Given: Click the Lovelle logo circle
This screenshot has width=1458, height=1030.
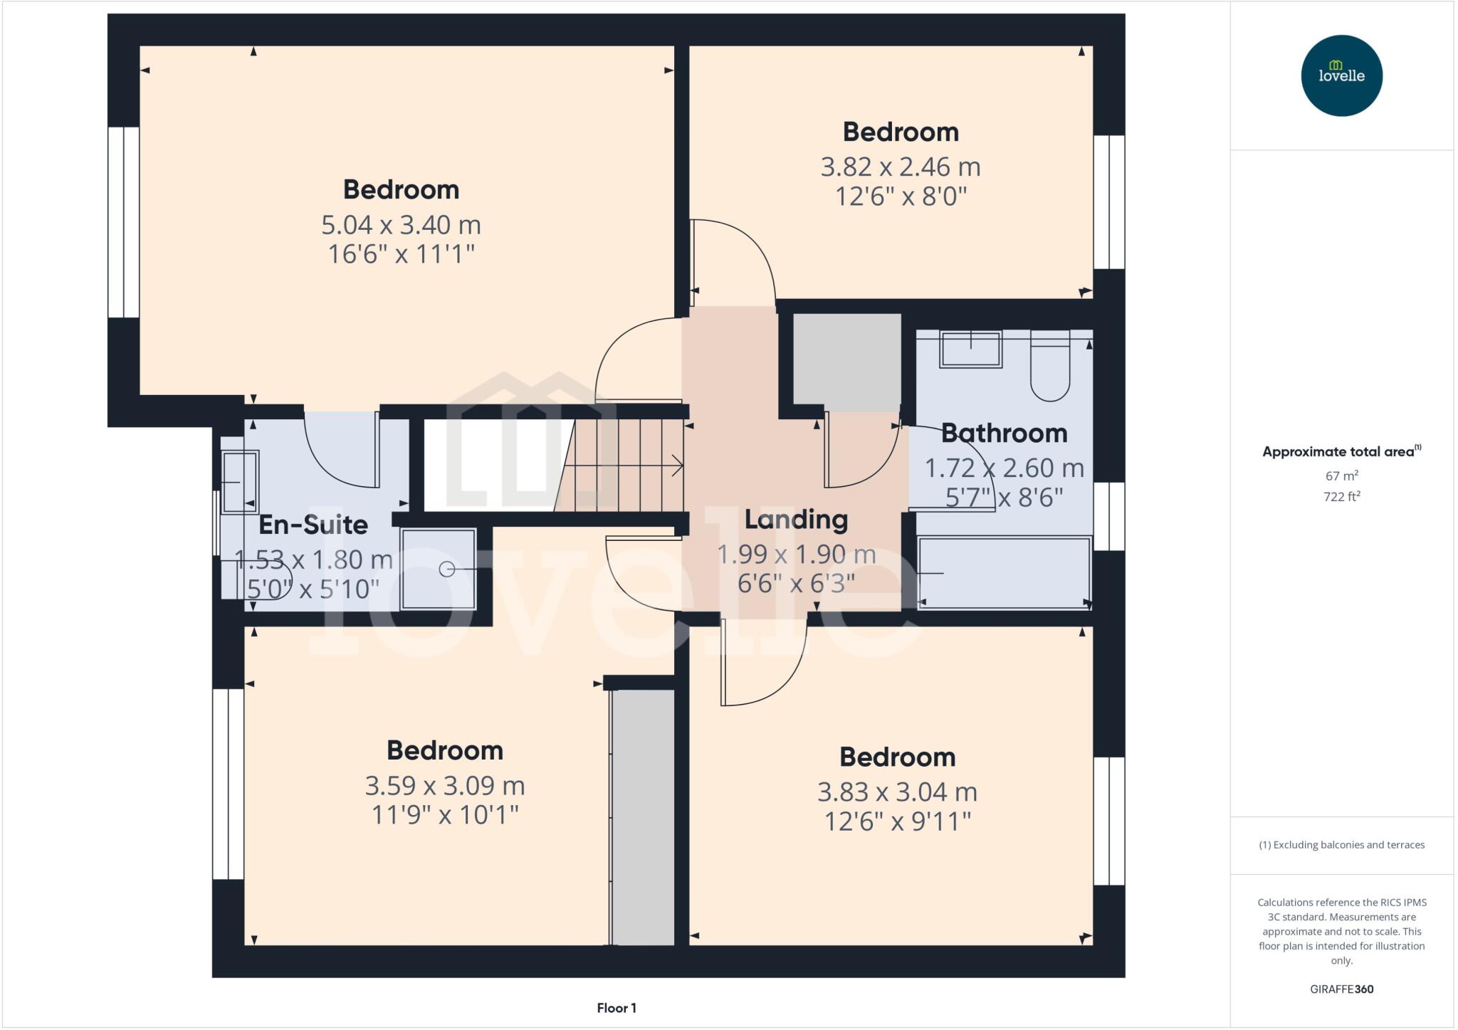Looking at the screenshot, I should (x=1341, y=75).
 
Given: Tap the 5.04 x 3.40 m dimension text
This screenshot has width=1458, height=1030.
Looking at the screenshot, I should (x=401, y=225).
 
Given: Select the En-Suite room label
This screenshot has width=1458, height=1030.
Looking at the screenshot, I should (x=313, y=525).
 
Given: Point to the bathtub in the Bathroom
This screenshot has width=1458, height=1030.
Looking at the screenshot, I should (x=1004, y=572).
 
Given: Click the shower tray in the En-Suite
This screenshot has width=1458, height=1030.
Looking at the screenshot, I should (x=438, y=569).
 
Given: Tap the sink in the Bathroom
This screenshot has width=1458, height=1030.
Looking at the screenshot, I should (x=970, y=350).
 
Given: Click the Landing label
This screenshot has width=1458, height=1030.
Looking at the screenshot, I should (x=796, y=519).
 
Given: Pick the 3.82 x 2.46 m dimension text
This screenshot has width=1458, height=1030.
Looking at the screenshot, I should (x=901, y=167).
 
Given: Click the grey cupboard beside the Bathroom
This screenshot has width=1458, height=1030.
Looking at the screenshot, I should (x=846, y=362).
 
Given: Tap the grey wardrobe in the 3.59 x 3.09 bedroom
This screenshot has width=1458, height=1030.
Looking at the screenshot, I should (x=644, y=817).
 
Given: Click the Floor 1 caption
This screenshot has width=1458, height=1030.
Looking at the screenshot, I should (x=617, y=1008).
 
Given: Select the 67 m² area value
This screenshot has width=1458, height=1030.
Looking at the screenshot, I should (x=1341, y=476).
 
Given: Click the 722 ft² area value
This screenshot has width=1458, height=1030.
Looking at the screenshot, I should (x=1341, y=497).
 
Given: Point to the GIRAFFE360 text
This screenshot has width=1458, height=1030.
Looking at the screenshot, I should (x=1341, y=989).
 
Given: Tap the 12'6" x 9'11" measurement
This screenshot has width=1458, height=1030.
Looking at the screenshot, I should (x=897, y=822).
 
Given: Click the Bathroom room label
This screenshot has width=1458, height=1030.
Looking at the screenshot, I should (x=1004, y=433).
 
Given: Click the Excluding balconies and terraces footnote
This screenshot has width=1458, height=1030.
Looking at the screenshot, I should (x=1341, y=845).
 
